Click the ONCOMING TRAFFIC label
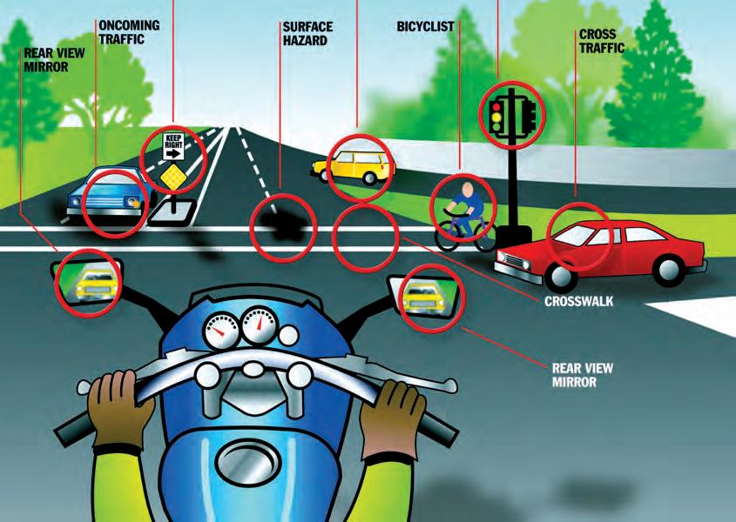[129, 31]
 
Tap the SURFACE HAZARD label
[307, 33]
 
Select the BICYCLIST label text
[425, 26]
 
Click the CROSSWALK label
[577, 303]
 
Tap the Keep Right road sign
[172, 145]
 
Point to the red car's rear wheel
[669, 271]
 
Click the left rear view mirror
[86, 278]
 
